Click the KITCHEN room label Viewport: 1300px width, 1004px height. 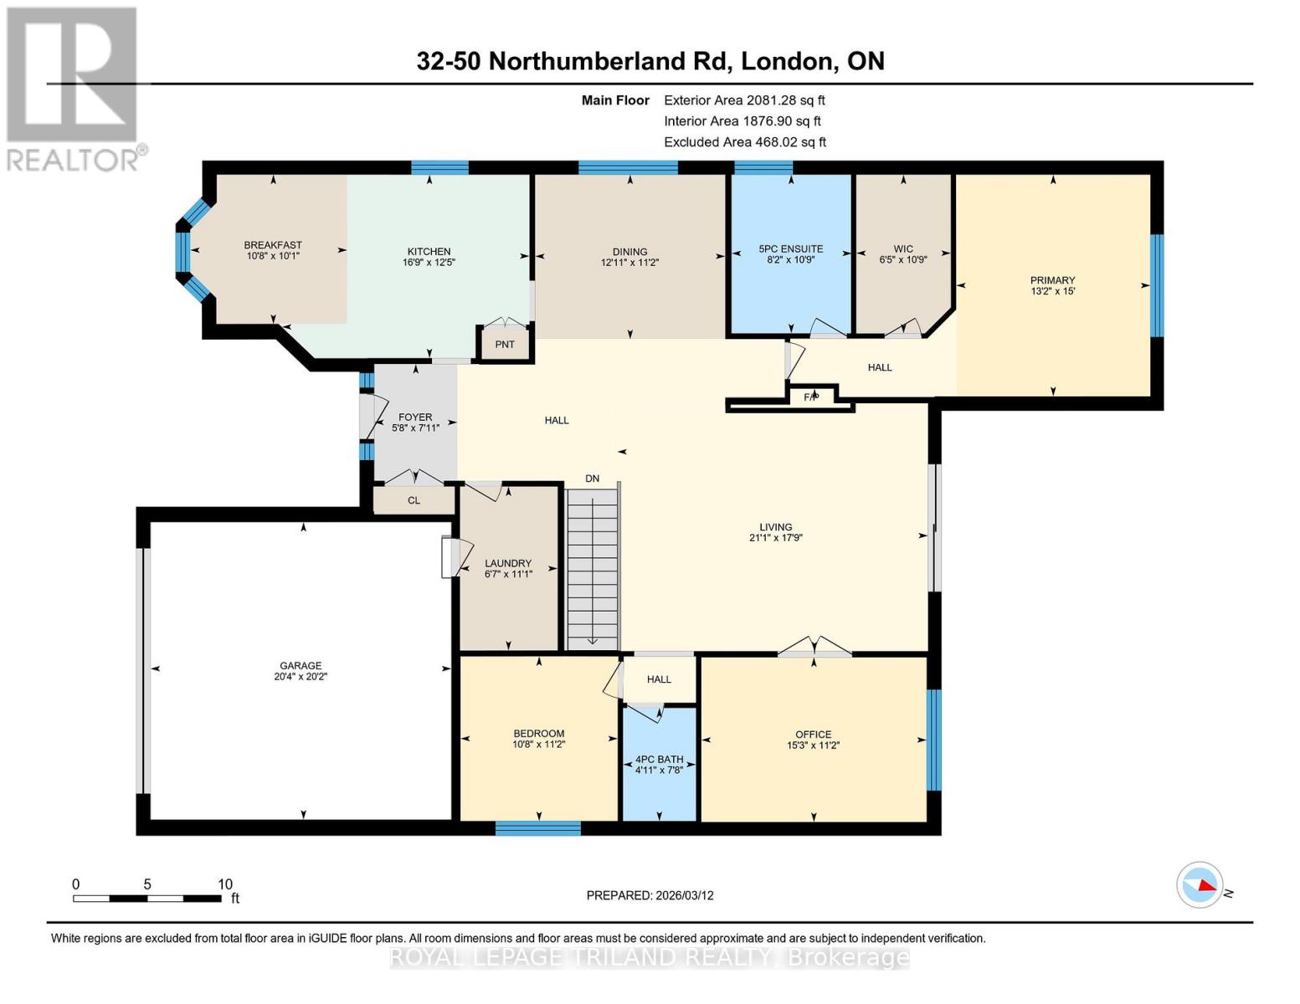[429, 251]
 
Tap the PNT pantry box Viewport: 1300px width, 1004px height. [505, 345]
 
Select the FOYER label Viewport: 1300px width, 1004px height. [415, 417]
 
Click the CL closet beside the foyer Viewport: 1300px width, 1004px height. [414, 500]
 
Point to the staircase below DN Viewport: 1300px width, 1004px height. [592, 569]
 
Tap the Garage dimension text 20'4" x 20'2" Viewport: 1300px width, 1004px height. [300, 677]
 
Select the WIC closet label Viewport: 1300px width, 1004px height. [903, 248]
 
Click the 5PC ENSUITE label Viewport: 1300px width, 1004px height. [790, 248]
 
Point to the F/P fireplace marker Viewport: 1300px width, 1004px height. [810, 397]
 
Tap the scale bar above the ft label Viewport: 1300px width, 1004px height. [146, 899]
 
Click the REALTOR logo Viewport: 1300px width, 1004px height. [73, 88]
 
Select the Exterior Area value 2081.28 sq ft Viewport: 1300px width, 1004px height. [786, 100]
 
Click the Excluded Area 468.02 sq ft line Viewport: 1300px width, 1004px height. [745, 142]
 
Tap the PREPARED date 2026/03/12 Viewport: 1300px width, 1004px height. [650, 895]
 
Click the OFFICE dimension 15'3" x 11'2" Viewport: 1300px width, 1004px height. [813, 745]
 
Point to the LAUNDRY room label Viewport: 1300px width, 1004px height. [508, 563]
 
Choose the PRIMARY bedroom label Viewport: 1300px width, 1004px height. [1052, 280]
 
